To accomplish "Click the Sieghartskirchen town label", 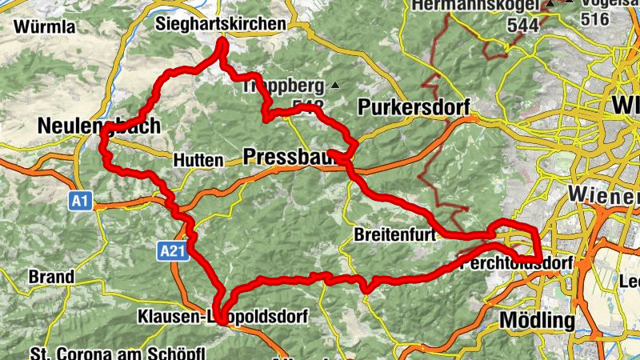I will (x=221, y=25).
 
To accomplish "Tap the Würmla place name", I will (x=44, y=27).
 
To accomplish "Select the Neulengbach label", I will (x=98, y=126).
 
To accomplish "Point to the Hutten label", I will (x=197, y=161).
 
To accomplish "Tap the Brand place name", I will (x=51, y=277).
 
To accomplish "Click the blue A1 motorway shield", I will (x=79, y=202).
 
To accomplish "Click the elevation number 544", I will (x=522, y=25).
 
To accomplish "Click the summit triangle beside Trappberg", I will (x=335, y=85).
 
